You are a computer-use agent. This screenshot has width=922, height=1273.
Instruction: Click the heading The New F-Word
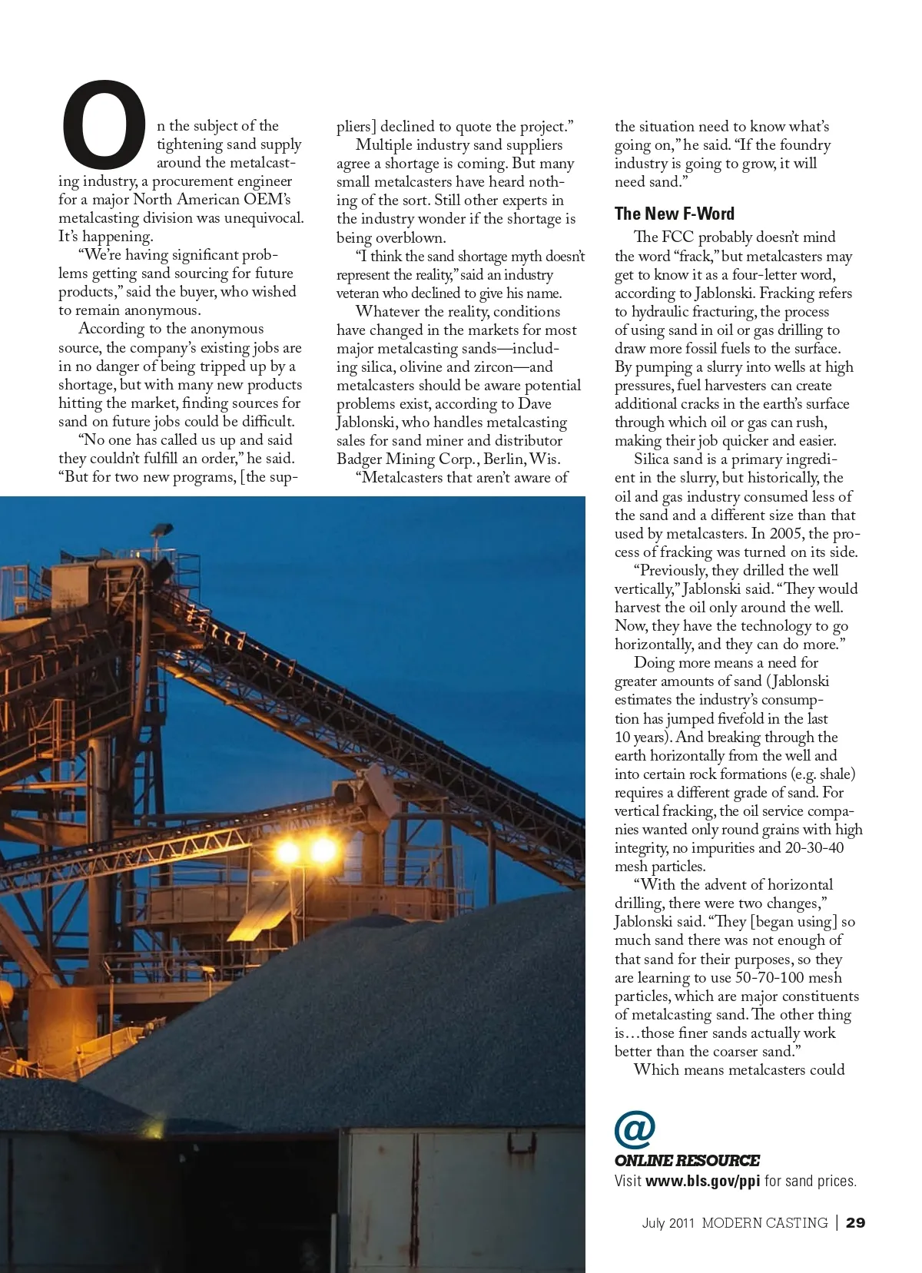point(674,214)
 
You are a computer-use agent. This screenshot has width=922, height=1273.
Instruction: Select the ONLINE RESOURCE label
point(687,1161)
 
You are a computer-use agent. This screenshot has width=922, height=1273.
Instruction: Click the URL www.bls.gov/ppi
point(702,1181)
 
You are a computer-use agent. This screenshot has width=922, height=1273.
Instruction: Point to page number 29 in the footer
point(856,1222)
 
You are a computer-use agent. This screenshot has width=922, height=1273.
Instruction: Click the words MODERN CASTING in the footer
point(764,1222)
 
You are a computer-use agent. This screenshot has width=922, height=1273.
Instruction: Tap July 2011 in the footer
point(668,1222)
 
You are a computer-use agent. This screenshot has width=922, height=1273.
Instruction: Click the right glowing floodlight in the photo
point(323,850)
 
